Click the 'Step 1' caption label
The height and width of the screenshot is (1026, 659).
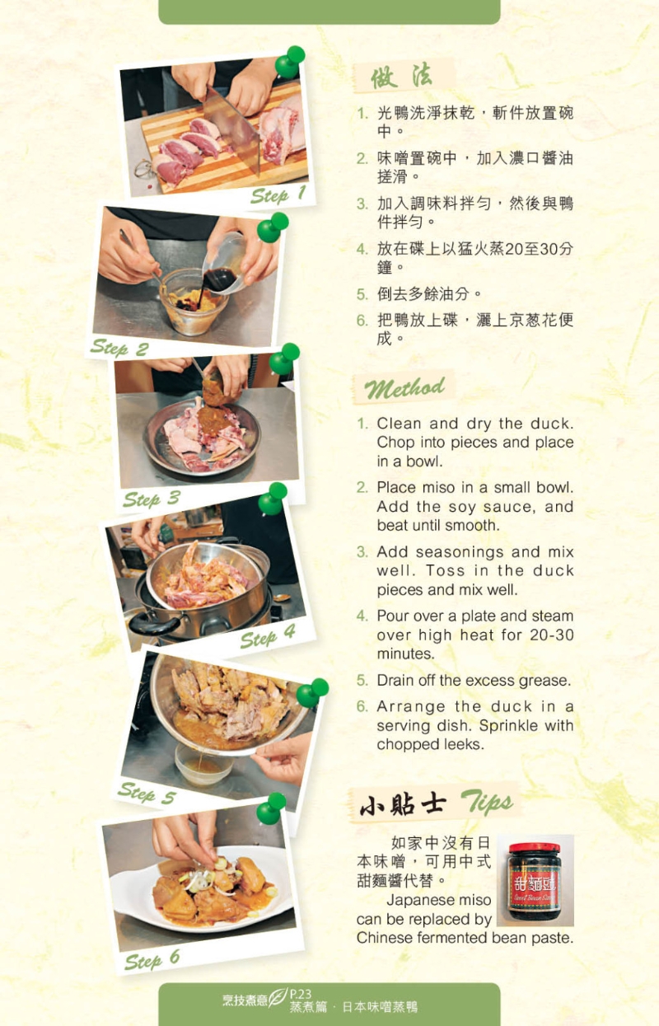point(278,194)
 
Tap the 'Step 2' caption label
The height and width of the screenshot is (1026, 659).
point(119,348)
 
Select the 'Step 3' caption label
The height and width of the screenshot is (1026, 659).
point(152,499)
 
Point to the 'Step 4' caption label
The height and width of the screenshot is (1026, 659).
point(268,636)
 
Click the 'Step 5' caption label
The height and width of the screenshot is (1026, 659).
point(147,794)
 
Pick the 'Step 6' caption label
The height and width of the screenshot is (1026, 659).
point(152,958)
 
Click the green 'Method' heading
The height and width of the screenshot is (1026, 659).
point(404,388)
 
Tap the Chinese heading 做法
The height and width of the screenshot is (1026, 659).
point(402,76)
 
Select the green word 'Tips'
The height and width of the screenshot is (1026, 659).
point(486,802)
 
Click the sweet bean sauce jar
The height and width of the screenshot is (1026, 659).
point(535,880)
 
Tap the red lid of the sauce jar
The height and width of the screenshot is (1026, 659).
point(535,847)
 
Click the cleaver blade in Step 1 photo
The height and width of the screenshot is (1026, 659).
point(231,128)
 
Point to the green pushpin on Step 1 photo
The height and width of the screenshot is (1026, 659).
point(289,61)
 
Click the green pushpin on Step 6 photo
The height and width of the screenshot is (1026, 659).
point(271,808)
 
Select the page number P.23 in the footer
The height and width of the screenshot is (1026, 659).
point(301,994)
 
